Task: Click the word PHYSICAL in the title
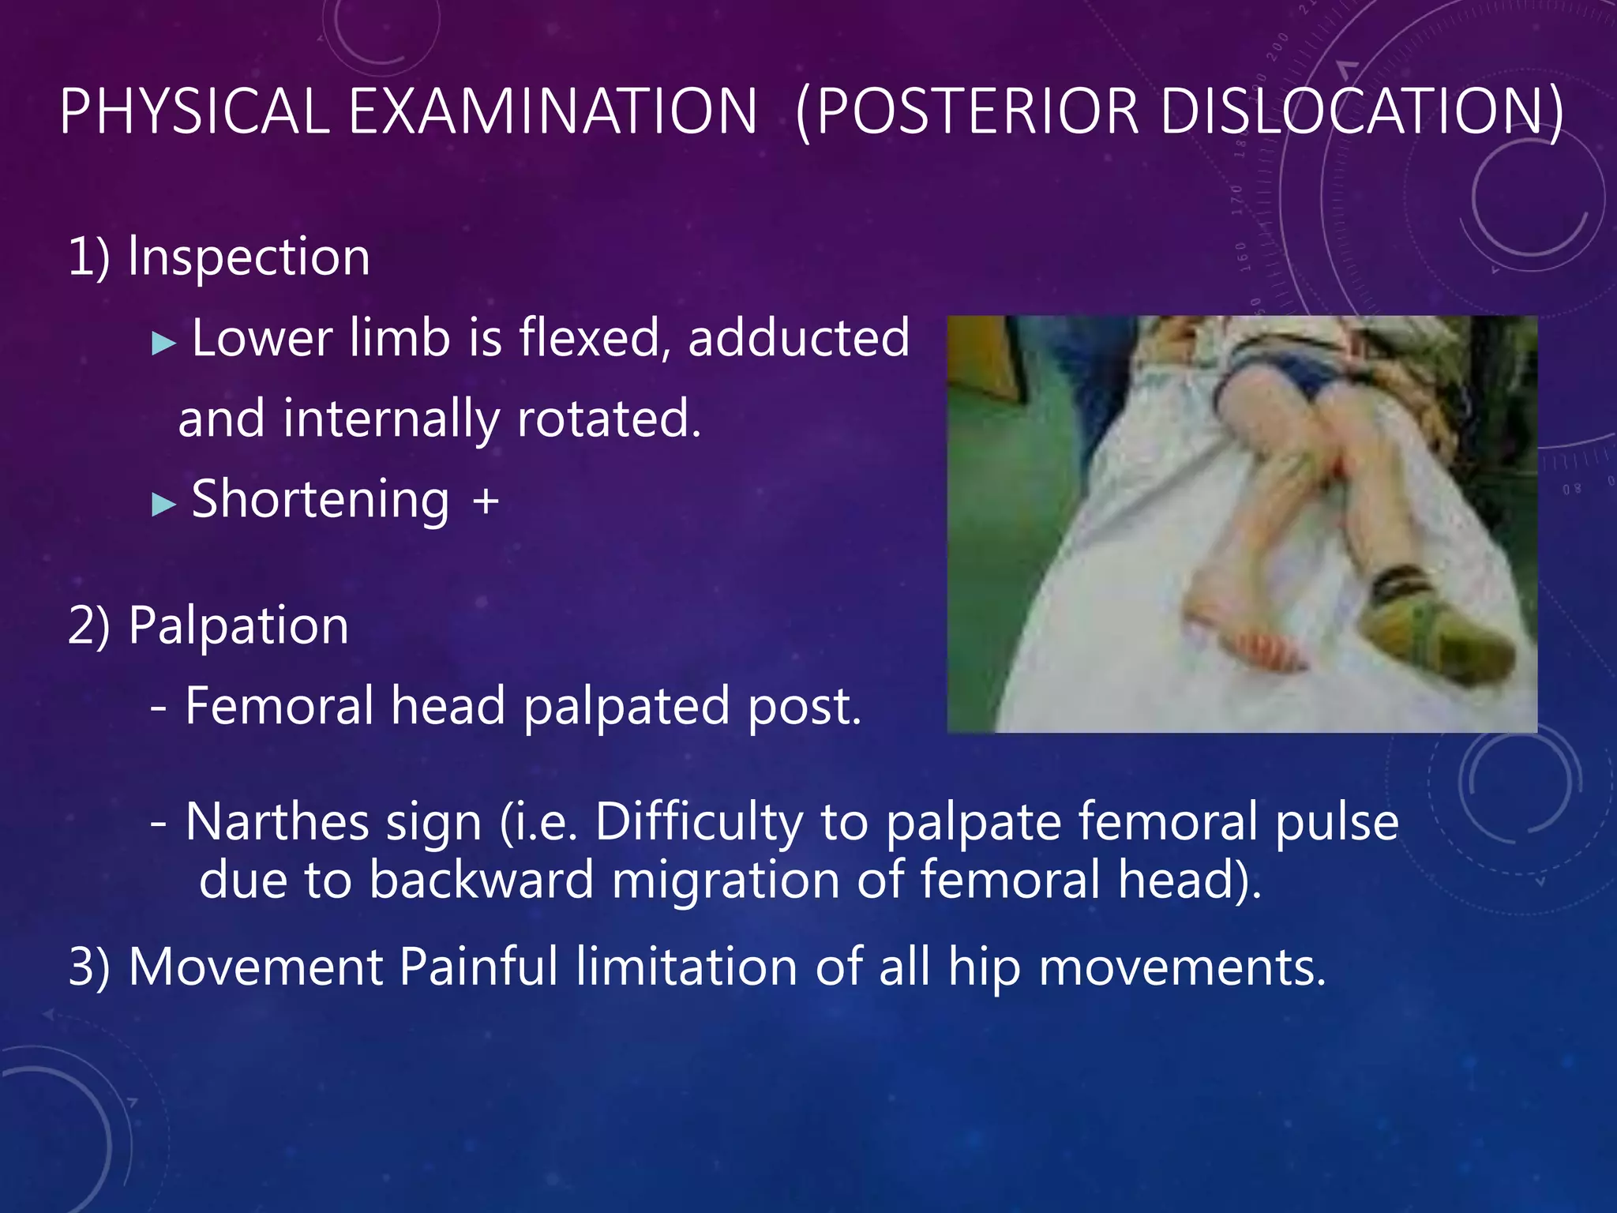[194, 112]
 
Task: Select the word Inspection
[249, 257]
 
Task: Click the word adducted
[798, 338]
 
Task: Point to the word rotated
[609, 419]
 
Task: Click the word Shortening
[321, 501]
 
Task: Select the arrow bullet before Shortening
[163, 504]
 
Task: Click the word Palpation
[238, 626]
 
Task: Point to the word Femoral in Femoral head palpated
[279, 706]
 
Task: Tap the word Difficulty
[698, 823]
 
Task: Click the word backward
[481, 881]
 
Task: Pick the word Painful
[478, 967]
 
